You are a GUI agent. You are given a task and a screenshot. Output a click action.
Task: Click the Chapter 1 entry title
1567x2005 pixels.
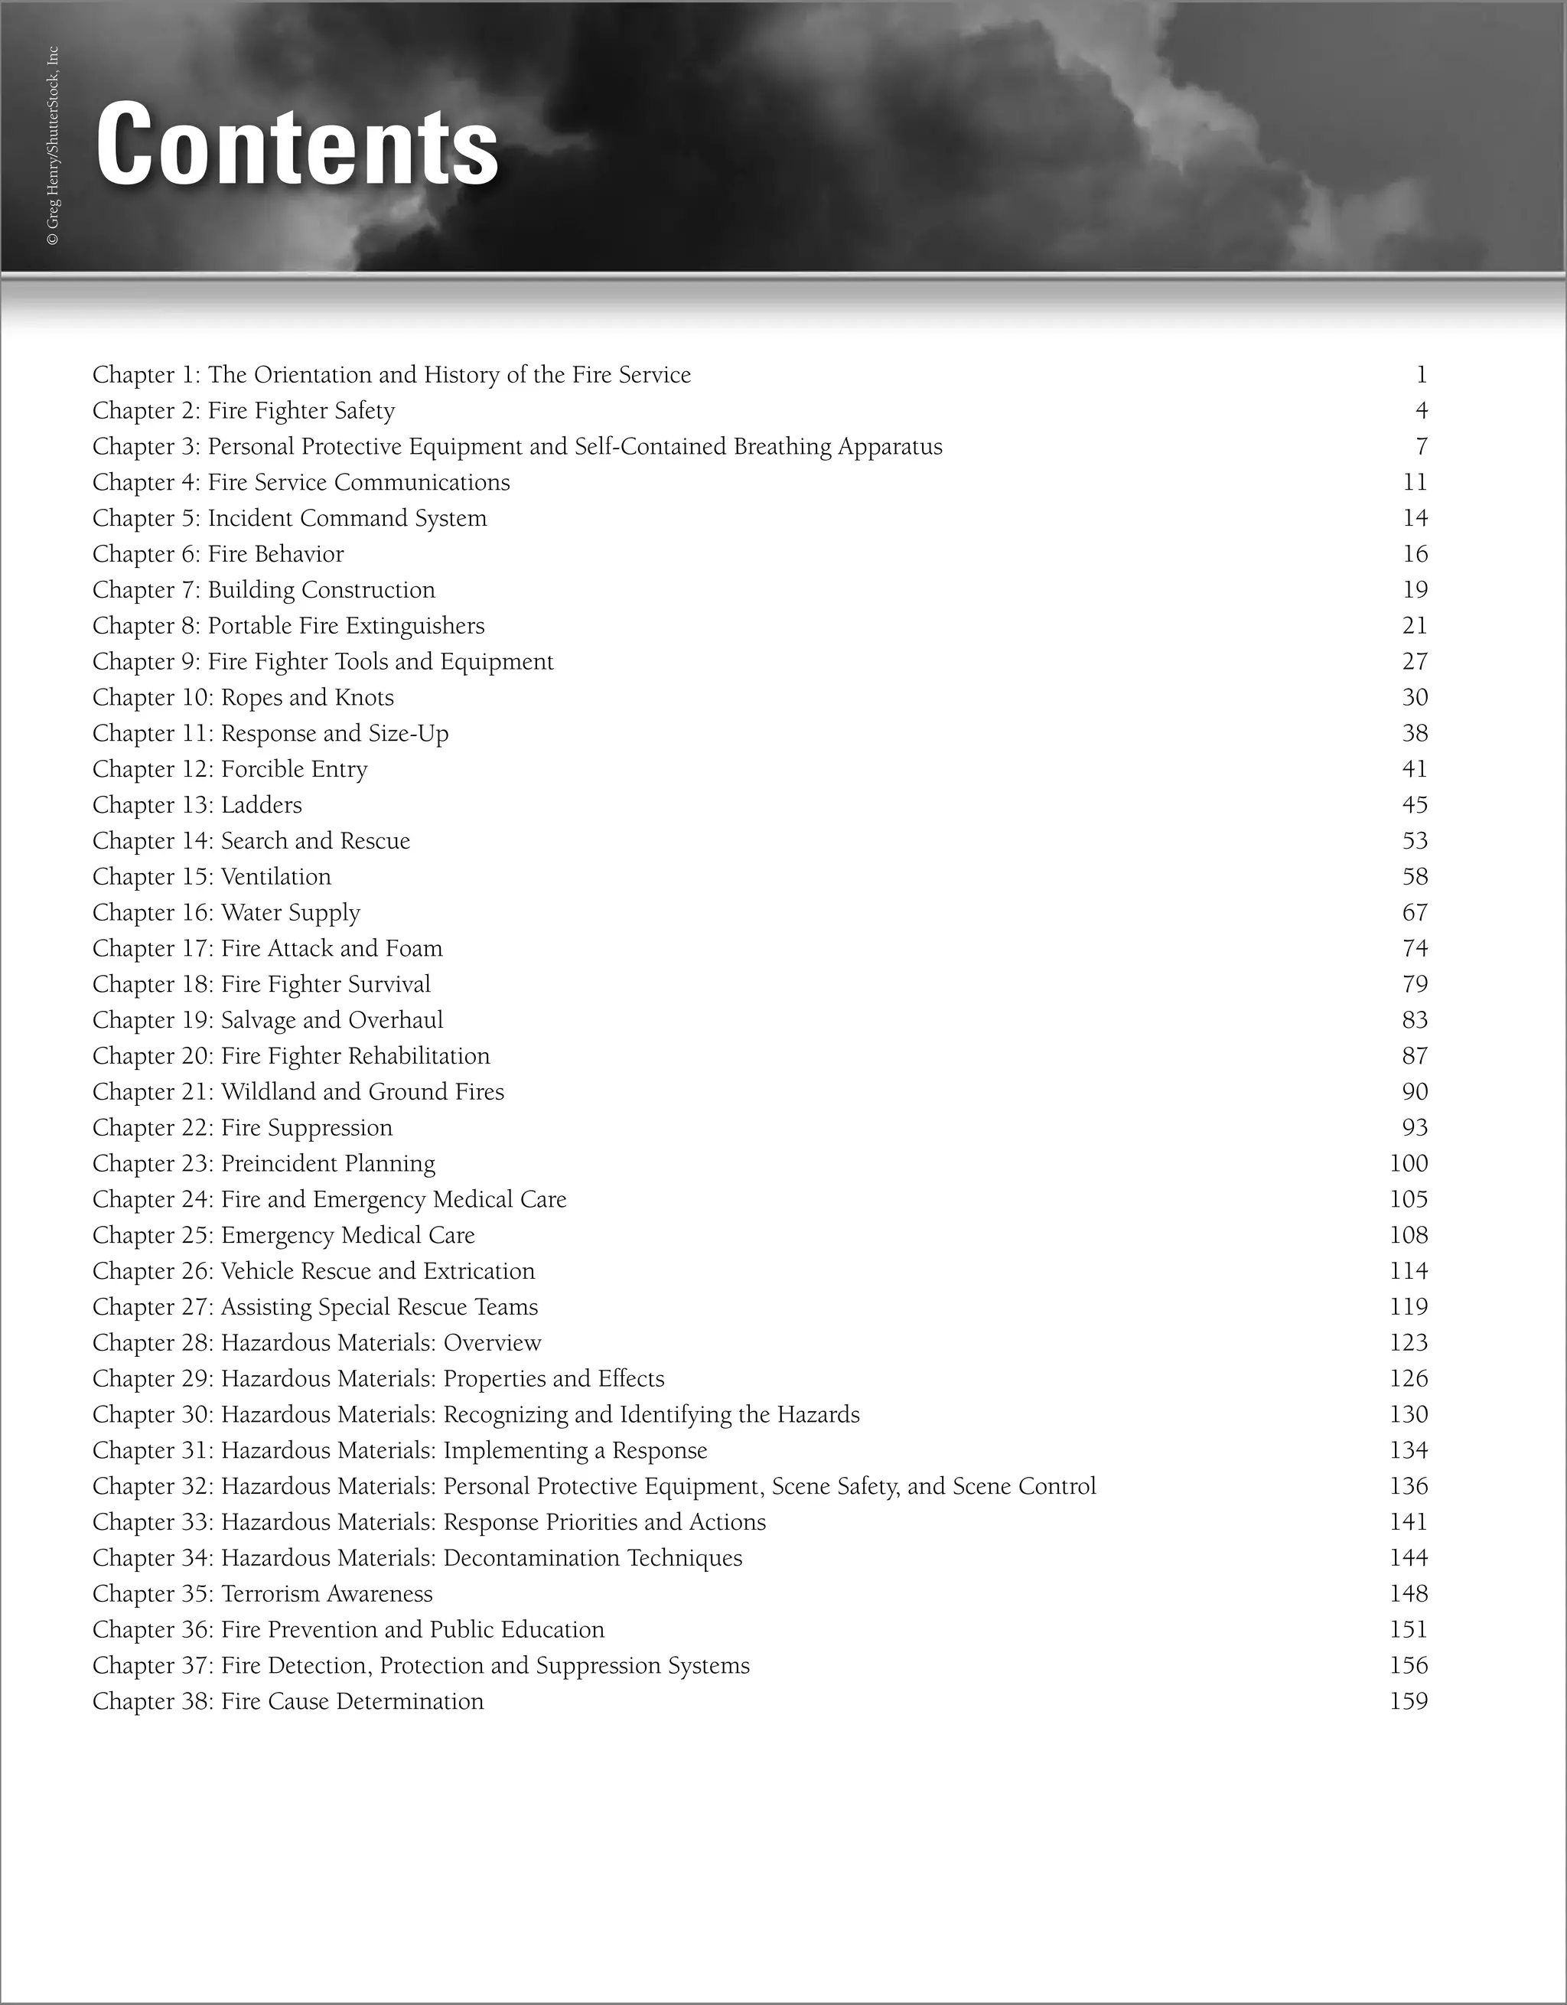pyautogui.click(x=391, y=374)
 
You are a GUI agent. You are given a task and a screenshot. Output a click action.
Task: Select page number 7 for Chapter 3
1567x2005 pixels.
pyautogui.click(x=1421, y=447)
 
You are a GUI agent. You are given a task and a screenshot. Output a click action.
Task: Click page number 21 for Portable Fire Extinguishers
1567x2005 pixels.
pyautogui.click(x=1415, y=626)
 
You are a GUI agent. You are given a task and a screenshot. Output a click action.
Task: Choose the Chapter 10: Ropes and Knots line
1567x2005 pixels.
pyautogui.click(x=243, y=698)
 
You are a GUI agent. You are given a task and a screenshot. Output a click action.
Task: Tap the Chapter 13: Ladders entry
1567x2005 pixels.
pyautogui.click(x=197, y=805)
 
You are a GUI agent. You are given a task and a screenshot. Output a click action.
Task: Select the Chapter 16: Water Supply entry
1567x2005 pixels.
pyautogui.click(x=226, y=912)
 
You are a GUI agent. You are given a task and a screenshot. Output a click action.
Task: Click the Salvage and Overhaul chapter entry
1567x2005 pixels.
pyautogui.click(x=268, y=1020)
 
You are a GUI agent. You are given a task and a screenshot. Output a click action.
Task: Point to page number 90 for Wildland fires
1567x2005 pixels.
pyautogui.click(x=1415, y=1091)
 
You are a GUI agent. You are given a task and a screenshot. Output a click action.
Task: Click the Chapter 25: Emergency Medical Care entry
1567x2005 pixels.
pyautogui.click(x=284, y=1236)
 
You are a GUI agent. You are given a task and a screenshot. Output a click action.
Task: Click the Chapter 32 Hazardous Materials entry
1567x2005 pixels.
pyautogui.click(x=594, y=1486)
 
